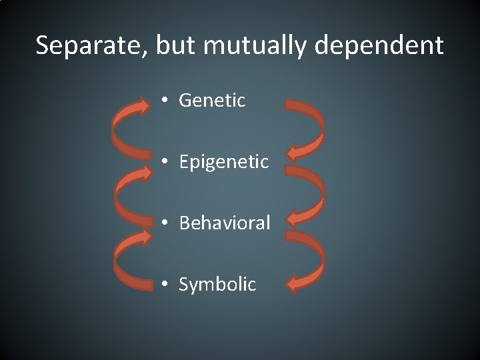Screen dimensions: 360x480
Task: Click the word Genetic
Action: point(213,101)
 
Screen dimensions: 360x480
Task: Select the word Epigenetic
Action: point(223,162)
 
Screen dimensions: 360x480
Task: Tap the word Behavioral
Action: point(225,223)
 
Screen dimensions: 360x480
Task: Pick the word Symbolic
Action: point(217,284)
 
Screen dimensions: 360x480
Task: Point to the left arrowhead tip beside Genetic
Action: point(151,104)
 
